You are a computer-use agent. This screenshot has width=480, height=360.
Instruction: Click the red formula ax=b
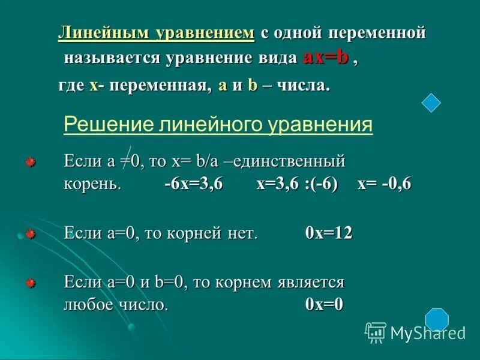click(x=326, y=58)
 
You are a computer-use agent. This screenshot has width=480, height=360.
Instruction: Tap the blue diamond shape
click(x=431, y=103)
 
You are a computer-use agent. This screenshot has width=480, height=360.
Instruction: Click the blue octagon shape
click(x=437, y=319)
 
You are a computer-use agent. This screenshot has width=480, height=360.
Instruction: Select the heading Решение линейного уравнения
click(x=218, y=125)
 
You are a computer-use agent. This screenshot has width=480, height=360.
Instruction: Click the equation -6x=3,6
click(x=194, y=184)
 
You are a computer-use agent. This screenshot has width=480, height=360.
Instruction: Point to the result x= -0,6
click(x=384, y=184)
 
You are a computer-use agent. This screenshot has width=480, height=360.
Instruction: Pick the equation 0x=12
click(x=329, y=233)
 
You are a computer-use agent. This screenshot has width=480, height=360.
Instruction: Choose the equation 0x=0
click(x=324, y=304)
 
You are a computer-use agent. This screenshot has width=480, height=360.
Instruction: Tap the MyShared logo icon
click(x=376, y=332)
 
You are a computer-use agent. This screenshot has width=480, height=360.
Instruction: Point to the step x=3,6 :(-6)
click(x=297, y=184)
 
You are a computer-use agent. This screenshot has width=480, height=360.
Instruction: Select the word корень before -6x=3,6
click(x=93, y=184)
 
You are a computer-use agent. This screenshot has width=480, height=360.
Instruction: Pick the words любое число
click(x=115, y=304)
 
